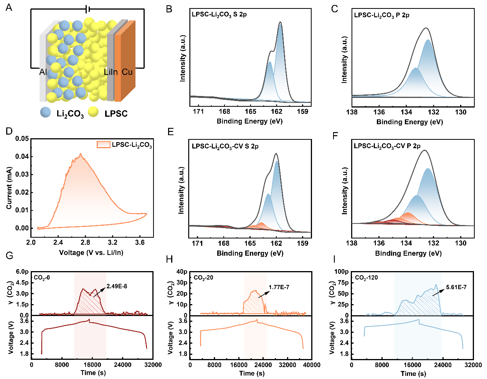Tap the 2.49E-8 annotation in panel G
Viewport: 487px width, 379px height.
pyautogui.click(x=117, y=286)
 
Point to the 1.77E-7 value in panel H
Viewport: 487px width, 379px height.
pyautogui.click(x=279, y=287)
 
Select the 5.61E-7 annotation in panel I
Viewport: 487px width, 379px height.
pyautogui.click(x=456, y=287)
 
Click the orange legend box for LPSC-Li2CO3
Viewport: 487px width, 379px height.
pyautogui.click(x=103, y=145)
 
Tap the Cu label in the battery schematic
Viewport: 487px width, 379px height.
pyautogui.click(x=127, y=72)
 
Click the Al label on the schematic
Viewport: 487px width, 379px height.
pyautogui.click(x=43, y=72)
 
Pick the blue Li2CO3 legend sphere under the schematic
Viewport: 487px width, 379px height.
pyautogui.click(x=46, y=112)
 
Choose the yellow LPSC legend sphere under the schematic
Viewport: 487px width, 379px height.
pyautogui.click(x=93, y=112)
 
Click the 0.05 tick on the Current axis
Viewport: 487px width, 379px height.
pyautogui.click(x=22, y=139)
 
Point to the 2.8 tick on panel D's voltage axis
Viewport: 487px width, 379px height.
pyautogui.click(x=85, y=243)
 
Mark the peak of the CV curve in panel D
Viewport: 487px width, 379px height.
pyautogui.click(x=81, y=154)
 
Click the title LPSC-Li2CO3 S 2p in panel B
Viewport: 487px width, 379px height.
pyautogui.click(x=219, y=15)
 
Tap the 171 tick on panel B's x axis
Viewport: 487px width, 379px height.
pyautogui.click(x=198, y=112)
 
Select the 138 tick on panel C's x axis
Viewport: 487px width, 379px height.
pyautogui.click(x=352, y=112)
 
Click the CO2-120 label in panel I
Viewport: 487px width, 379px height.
pyautogui.click(x=366, y=278)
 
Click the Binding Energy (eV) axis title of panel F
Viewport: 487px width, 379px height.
pyautogui.click(x=408, y=253)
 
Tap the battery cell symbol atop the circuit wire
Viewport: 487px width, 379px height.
pyautogui.click(x=88, y=9)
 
